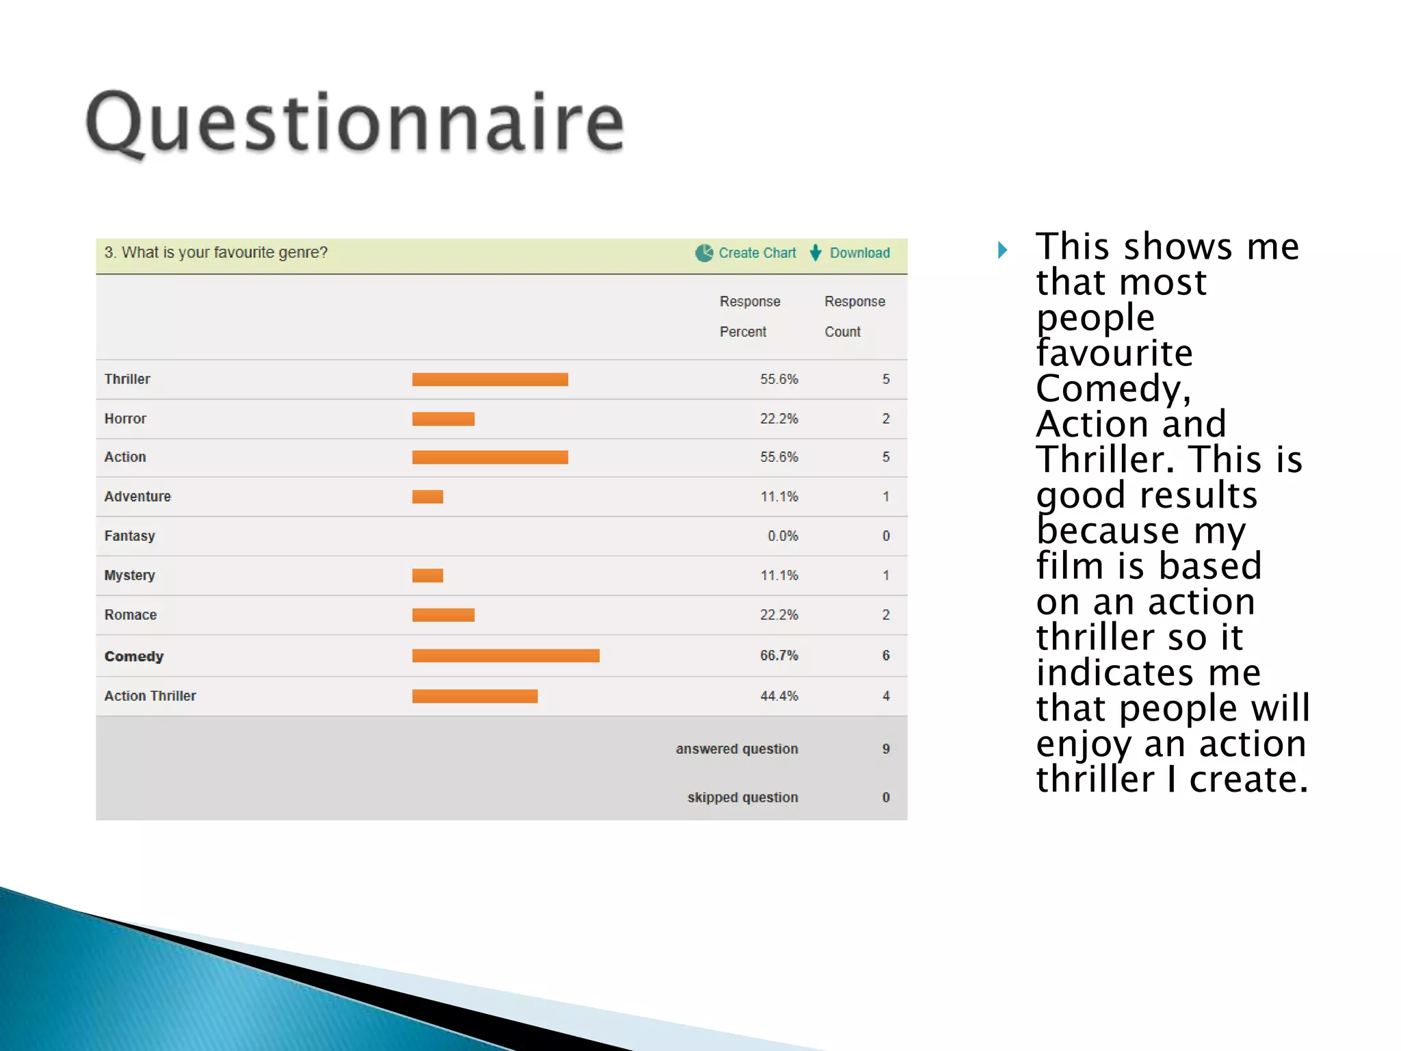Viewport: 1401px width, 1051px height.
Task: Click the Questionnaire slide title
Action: [x=354, y=123]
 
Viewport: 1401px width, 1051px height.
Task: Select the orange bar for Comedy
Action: [x=506, y=656]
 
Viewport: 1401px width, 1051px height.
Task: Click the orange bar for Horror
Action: [x=443, y=419]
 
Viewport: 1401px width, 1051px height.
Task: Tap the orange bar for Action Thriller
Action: [x=475, y=696]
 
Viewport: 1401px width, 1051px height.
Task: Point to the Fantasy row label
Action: [x=129, y=536]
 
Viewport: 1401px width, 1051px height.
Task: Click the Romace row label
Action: [x=130, y=614]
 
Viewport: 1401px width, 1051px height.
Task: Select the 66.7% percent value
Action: [x=778, y=656]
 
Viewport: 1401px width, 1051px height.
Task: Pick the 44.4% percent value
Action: [x=778, y=696]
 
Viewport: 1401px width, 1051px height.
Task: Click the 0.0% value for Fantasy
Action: [x=782, y=536]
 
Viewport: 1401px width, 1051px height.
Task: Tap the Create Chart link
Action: [x=757, y=252]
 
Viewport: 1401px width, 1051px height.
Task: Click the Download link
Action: [x=859, y=252]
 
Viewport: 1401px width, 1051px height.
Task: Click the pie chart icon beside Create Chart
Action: [x=704, y=253]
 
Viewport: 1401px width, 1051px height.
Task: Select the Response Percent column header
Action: [x=749, y=316]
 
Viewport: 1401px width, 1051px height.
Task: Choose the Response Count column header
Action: [x=854, y=316]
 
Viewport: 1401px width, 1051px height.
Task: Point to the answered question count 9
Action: [x=886, y=749]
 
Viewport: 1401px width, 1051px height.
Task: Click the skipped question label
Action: [x=742, y=797]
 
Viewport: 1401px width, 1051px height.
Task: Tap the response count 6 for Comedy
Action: [x=886, y=656]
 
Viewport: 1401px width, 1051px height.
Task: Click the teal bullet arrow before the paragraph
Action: [x=1002, y=250]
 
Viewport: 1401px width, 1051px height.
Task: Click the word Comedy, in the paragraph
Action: [x=1113, y=388]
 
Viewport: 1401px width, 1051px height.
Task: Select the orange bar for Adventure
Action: [x=428, y=497]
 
